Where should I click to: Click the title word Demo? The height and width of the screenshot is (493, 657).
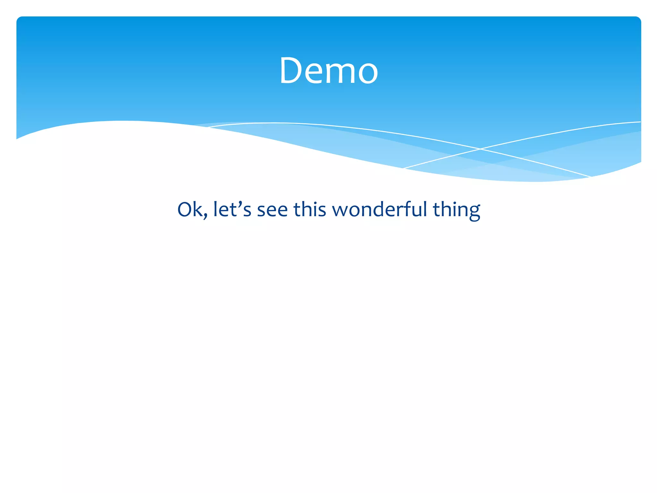[x=328, y=71]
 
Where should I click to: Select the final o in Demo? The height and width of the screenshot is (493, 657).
[x=368, y=74]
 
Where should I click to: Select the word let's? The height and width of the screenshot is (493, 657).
[x=232, y=209]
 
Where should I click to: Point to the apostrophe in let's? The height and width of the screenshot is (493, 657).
[x=240, y=203]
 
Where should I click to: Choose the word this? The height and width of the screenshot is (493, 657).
[x=310, y=209]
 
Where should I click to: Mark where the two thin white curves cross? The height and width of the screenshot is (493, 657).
[x=480, y=149]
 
